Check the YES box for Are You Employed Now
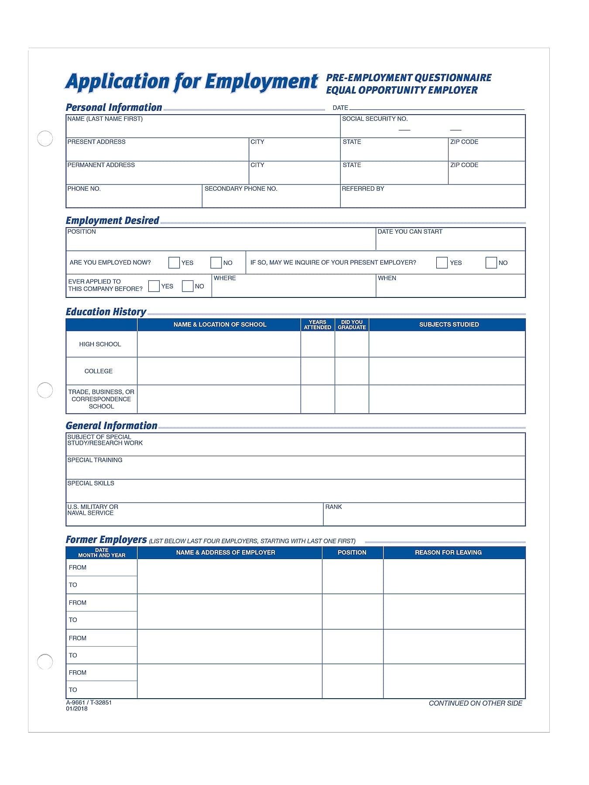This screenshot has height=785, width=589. pyautogui.click(x=174, y=263)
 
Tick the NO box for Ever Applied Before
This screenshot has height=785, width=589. pyautogui.click(x=188, y=286)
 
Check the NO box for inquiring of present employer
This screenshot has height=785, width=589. pyautogui.click(x=491, y=263)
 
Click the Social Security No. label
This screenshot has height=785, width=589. pyautogui.click(x=375, y=119)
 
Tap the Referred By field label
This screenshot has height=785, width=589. pyautogui.click(x=363, y=188)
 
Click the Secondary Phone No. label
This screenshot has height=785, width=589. pyautogui.click(x=241, y=188)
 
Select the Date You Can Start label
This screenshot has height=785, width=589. pyautogui.click(x=410, y=232)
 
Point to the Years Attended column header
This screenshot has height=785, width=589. pyautogui.click(x=318, y=324)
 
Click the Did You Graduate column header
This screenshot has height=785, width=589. pyautogui.click(x=352, y=324)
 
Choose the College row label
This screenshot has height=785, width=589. pyautogui.click(x=99, y=371)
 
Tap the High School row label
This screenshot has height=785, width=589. pyautogui.click(x=100, y=344)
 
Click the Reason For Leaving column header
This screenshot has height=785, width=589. pyautogui.click(x=448, y=553)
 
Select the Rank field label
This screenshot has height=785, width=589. pyautogui.click(x=333, y=507)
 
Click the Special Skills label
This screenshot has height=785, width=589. pyautogui.click(x=91, y=483)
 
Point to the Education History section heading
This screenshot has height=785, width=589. pyautogui.click(x=106, y=312)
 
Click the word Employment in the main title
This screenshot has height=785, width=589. pyautogui.click(x=261, y=82)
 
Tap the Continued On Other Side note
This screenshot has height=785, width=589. pyautogui.click(x=475, y=703)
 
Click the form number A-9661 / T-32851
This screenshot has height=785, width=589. pyautogui.click(x=89, y=703)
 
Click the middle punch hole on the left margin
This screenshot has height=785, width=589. pyautogui.click(x=45, y=390)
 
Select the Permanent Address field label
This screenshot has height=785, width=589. pyautogui.click(x=101, y=165)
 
